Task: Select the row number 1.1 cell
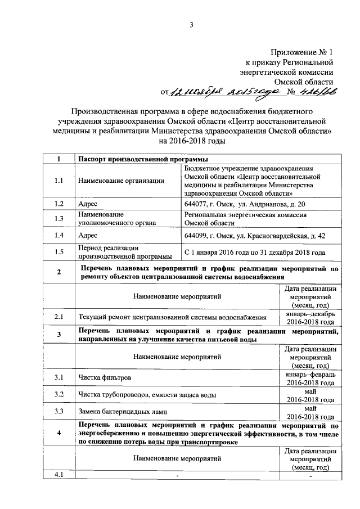[x=59, y=181]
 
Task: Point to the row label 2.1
[x=59, y=318]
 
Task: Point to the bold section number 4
[x=59, y=433]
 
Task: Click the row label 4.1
[x=59, y=476]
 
